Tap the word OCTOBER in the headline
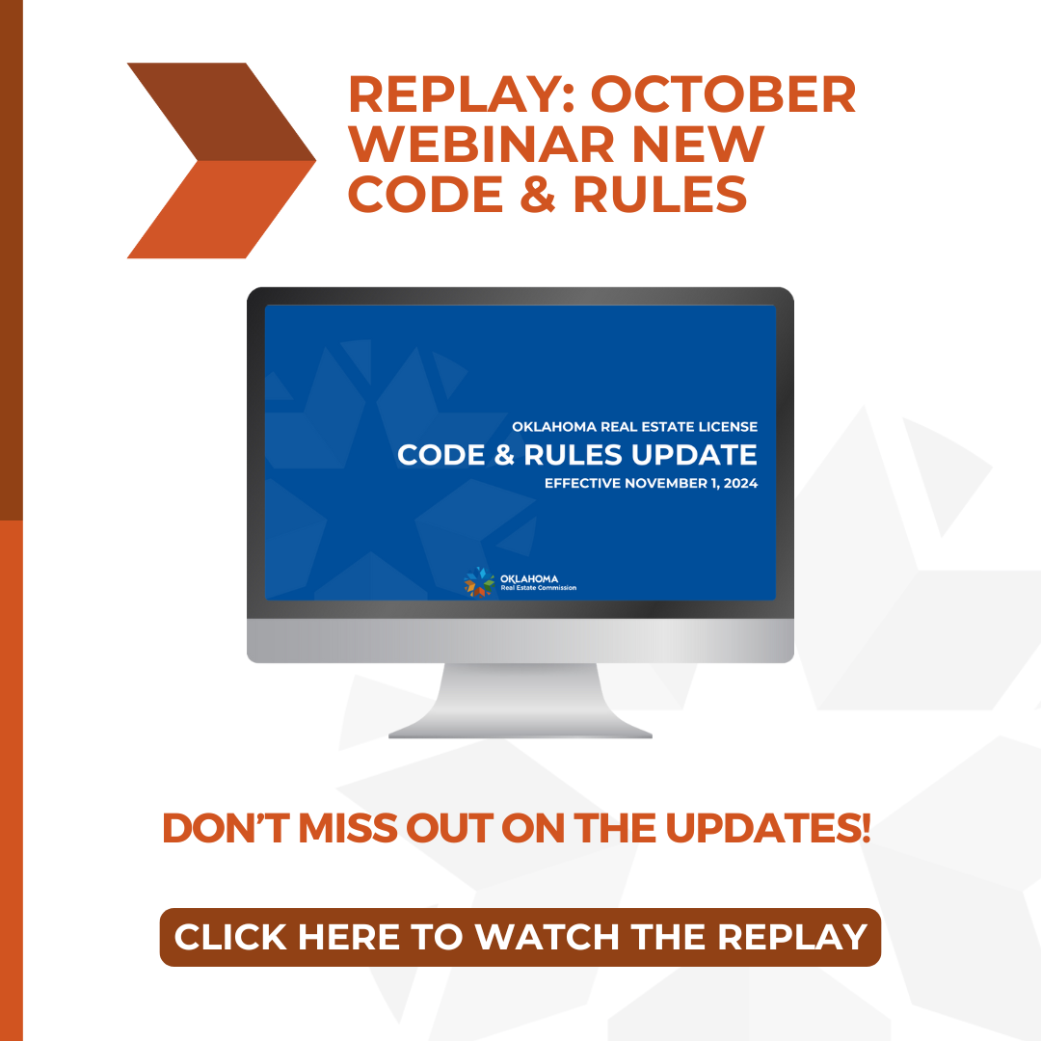pos(723,95)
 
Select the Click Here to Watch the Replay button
pos(520,937)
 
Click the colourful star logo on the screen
pos(479,581)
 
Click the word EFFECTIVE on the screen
pos(582,483)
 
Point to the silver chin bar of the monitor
pos(520,641)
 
